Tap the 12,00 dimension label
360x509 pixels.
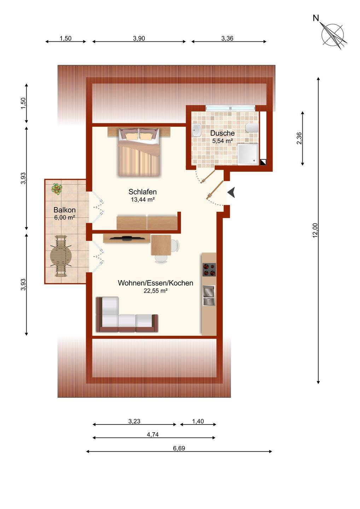(x=315, y=230)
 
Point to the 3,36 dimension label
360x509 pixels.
(x=227, y=38)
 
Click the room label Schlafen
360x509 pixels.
(x=143, y=192)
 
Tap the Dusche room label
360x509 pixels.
(x=222, y=133)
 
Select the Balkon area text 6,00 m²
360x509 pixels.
(x=65, y=217)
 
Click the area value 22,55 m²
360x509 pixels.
(x=156, y=291)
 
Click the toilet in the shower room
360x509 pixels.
(x=251, y=128)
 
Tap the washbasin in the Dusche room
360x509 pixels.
(x=196, y=130)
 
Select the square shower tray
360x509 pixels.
(x=248, y=154)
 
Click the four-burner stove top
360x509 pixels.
(x=209, y=269)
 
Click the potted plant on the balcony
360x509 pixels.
(x=57, y=189)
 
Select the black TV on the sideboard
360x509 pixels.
(x=127, y=238)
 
